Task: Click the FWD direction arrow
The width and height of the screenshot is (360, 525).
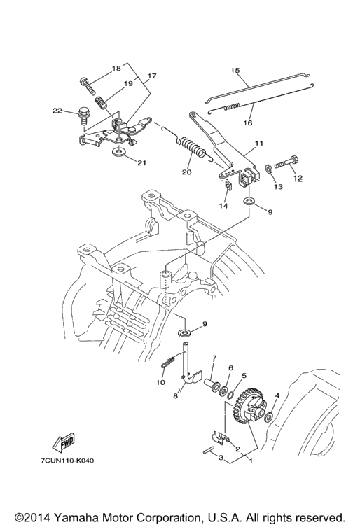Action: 63,443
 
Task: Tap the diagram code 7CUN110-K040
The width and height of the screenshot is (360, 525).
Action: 67,461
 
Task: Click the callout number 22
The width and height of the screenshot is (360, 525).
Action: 57,111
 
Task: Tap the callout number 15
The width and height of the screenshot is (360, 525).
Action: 235,70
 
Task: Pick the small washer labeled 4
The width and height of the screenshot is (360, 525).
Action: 268,418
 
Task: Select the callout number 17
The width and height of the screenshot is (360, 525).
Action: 152,76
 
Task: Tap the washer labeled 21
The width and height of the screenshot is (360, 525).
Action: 118,152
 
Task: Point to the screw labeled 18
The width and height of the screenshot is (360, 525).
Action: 87,85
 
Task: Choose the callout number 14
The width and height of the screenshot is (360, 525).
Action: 223,206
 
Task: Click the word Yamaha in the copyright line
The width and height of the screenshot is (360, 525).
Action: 76,517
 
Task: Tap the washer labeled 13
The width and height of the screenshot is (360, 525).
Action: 269,169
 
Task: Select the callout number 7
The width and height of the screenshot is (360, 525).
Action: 214,358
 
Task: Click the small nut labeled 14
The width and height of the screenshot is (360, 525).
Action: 228,185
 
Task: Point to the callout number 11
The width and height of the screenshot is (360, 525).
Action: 259,143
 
